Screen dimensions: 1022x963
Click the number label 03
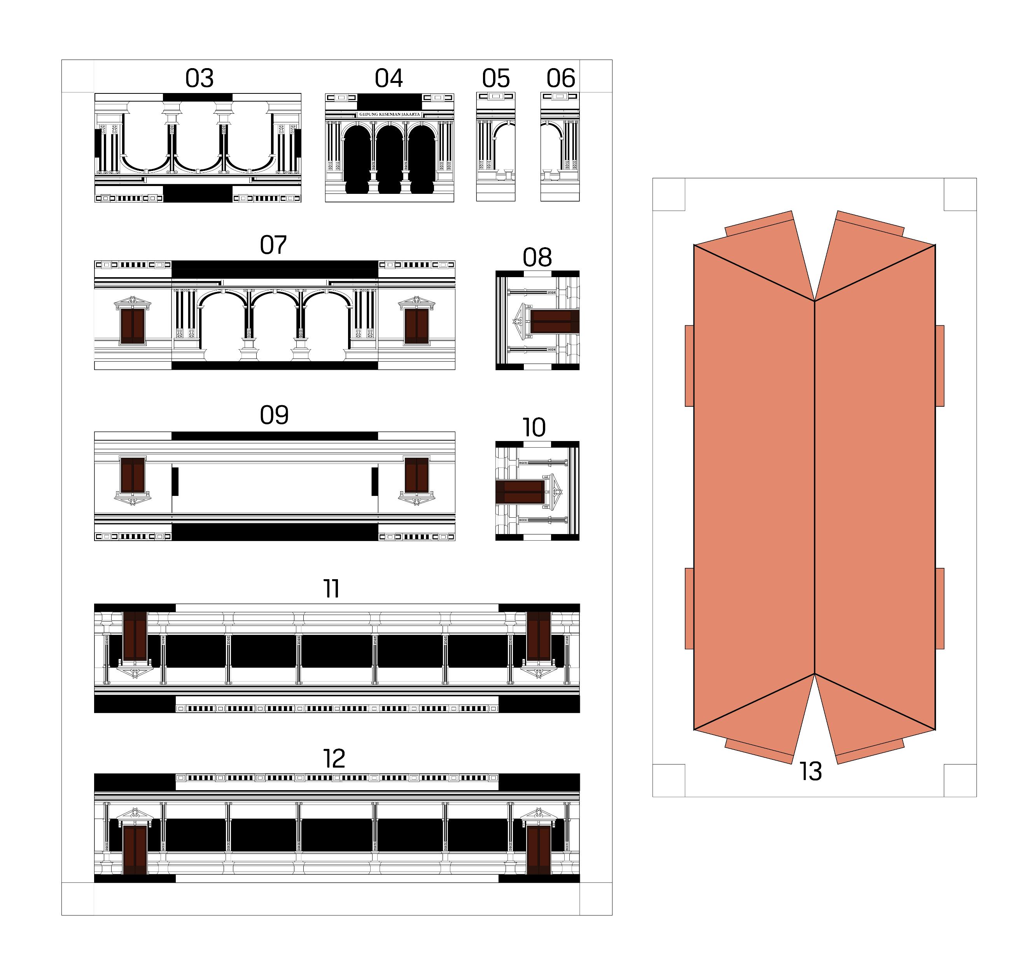click(199, 78)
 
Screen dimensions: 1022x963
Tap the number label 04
click(388, 78)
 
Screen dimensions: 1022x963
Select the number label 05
click(496, 78)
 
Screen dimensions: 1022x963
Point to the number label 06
click(561, 78)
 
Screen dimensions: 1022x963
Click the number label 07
click(273, 245)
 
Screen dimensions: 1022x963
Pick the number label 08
click(537, 257)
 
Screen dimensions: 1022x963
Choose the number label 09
click(274, 415)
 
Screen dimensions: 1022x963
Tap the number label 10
click(534, 427)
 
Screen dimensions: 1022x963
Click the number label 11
click(332, 589)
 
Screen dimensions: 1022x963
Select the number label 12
click(334, 758)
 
